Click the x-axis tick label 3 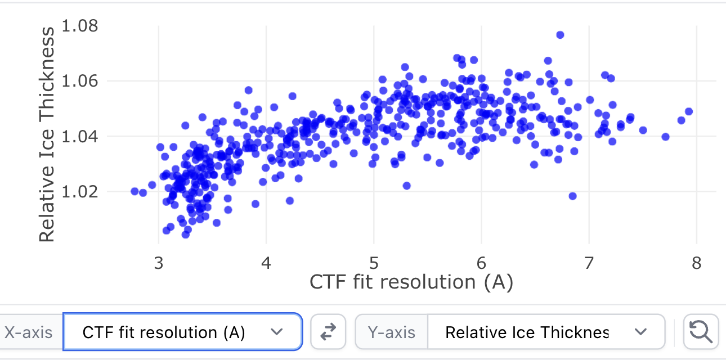(159, 263)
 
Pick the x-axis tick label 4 (266, 263)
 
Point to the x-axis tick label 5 (374, 263)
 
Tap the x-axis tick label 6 (481, 263)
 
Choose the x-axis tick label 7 (589, 263)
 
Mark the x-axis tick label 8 (696, 263)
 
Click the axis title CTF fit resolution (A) (411, 282)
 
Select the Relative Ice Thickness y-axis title (47, 135)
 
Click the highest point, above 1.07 (560, 35)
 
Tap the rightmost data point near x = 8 (688, 111)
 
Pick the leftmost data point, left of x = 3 (135, 191)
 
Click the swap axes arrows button (329, 332)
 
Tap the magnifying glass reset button (701, 332)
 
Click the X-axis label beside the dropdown (28, 332)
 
